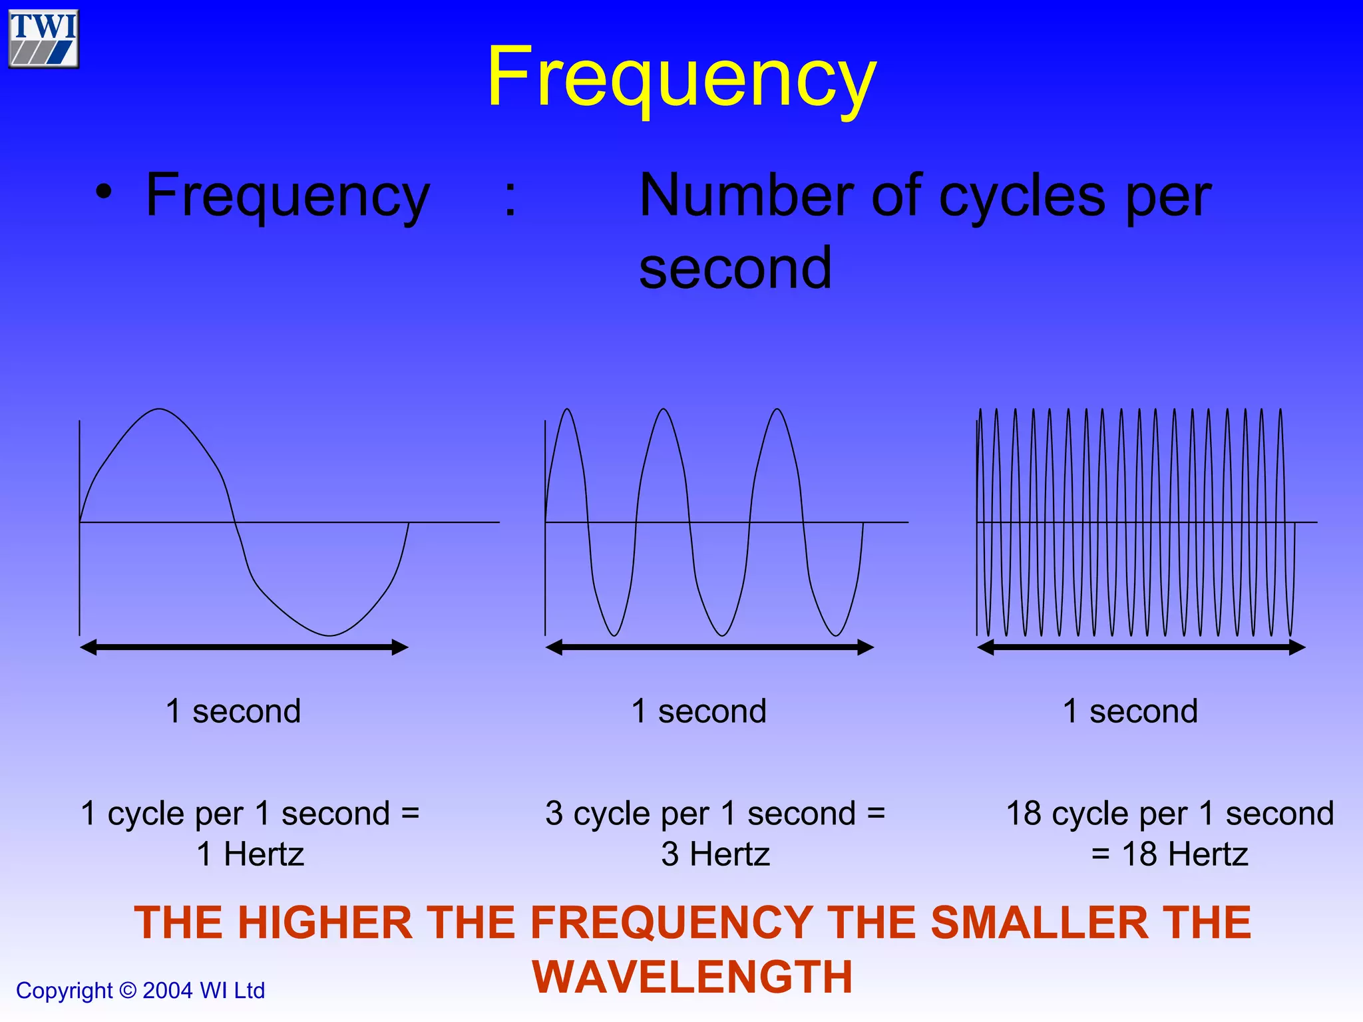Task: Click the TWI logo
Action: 44,39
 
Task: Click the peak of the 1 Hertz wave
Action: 160,409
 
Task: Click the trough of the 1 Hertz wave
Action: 329,635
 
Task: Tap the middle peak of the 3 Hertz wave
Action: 664,409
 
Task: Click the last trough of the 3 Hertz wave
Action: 836,635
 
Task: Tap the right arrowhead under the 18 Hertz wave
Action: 1297,647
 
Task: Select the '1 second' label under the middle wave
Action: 699,711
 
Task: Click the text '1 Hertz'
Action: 250,854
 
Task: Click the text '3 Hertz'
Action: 715,854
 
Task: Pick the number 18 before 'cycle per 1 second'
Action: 1024,813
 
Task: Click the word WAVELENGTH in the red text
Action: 692,977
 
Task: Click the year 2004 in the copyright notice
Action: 168,991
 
